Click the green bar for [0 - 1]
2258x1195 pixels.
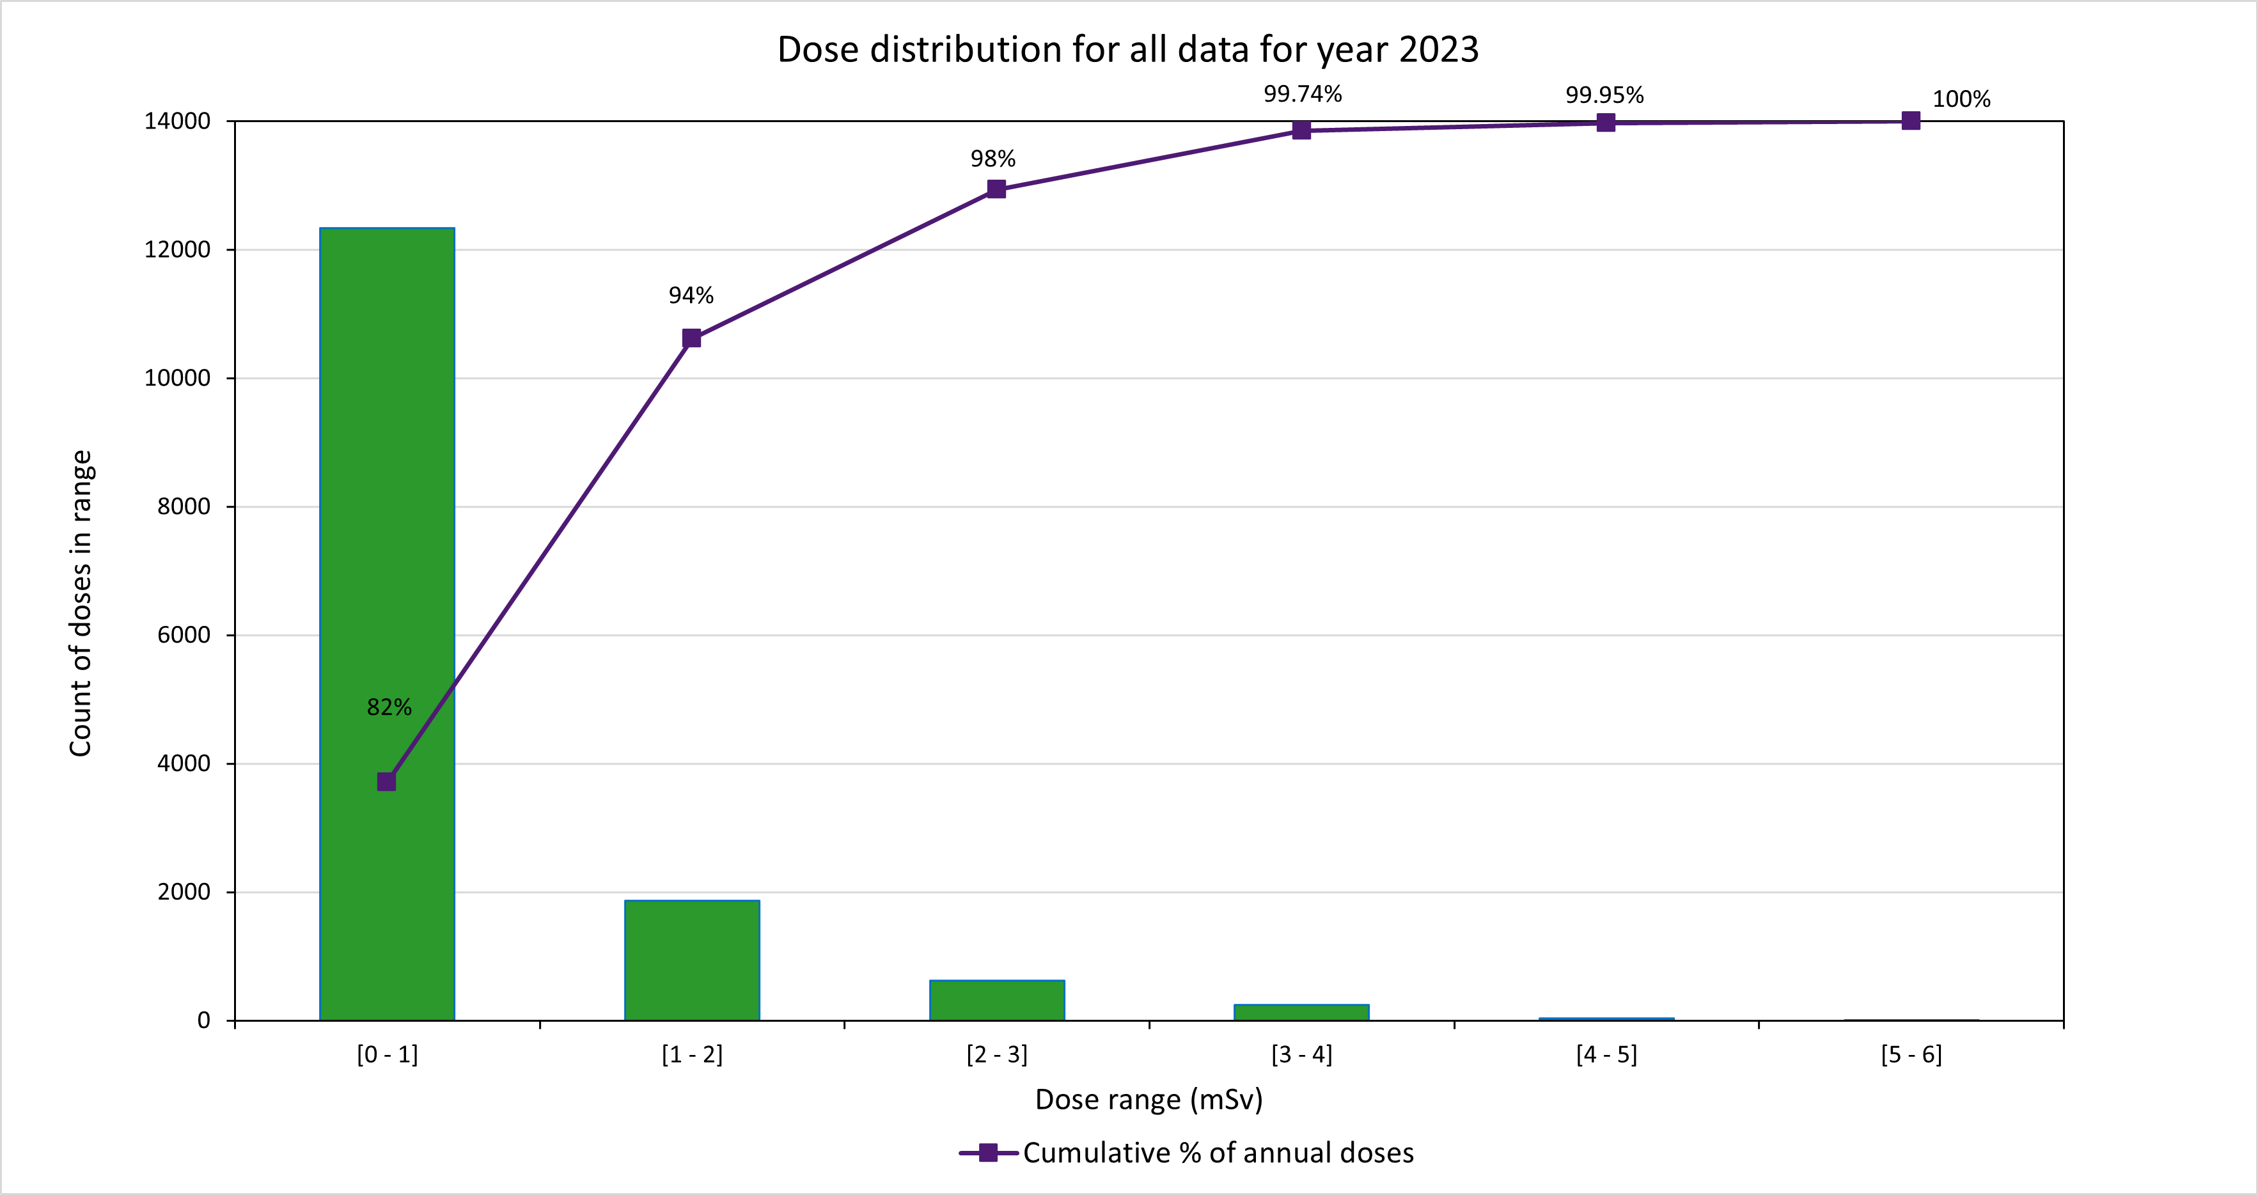(386, 624)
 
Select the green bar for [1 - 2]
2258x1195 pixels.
(692, 960)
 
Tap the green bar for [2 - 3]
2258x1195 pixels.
(997, 1001)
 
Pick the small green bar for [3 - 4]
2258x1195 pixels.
(1301, 1013)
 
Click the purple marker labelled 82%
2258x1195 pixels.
(386, 781)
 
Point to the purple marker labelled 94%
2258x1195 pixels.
(692, 338)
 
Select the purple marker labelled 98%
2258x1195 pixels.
(997, 189)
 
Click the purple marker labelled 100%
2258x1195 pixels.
(1911, 121)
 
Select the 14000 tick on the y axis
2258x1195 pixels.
(177, 121)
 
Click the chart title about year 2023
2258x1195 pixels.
(1128, 49)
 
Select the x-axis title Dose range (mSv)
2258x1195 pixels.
(1149, 1100)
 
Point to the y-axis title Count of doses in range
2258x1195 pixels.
(81, 603)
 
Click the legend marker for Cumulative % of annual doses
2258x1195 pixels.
(988, 1153)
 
